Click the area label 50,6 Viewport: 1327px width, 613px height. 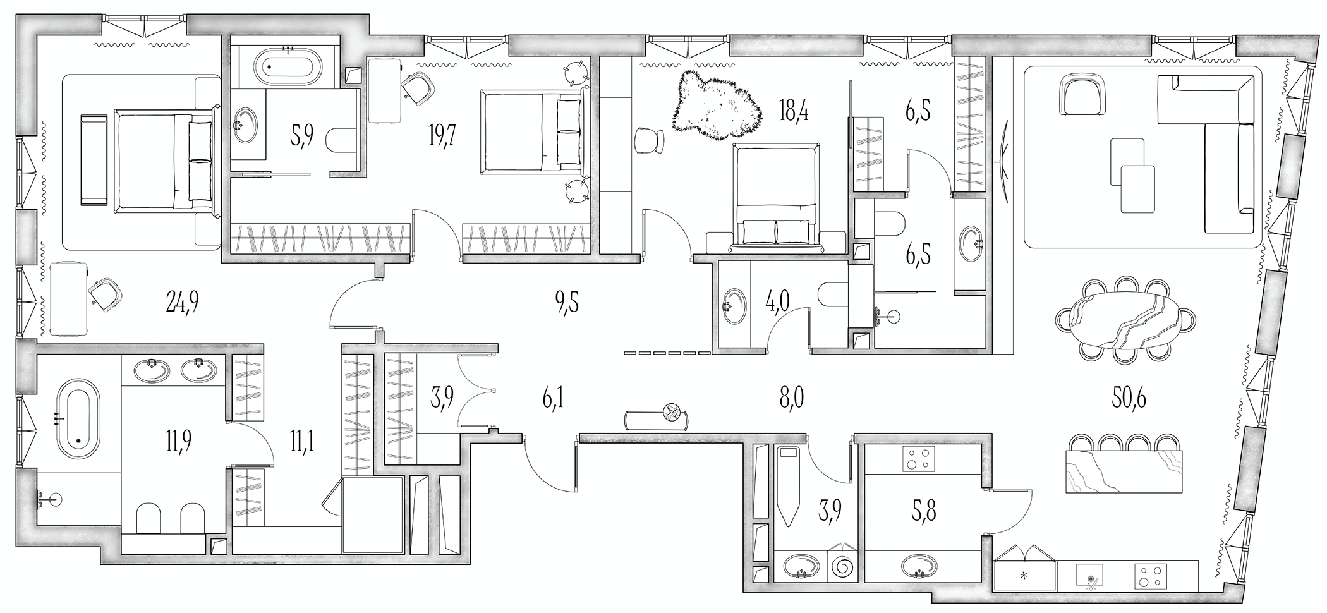tap(1129, 398)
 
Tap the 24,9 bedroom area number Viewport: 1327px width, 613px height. tap(182, 304)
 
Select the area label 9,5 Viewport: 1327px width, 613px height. tap(567, 303)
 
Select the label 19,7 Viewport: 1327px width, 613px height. tap(442, 135)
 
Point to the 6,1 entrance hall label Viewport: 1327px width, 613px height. tap(552, 399)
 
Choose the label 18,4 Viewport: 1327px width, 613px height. tap(794, 112)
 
